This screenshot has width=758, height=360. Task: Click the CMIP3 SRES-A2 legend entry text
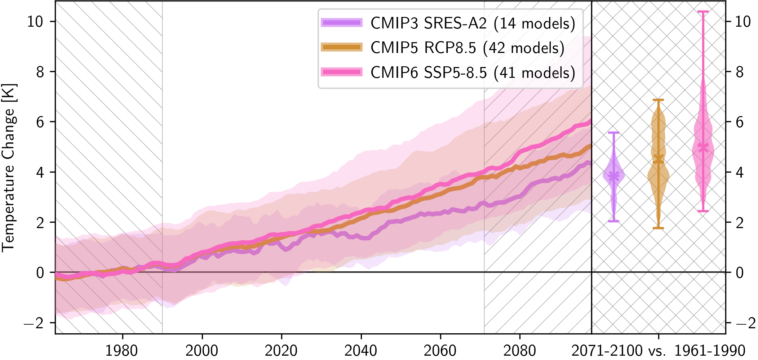pyautogui.click(x=473, y=23)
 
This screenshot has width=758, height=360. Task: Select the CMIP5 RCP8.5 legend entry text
pyautogui.click(x=467, y=48)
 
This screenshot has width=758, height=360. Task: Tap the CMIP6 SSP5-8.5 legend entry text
pyautogui.click(x=473, y=73)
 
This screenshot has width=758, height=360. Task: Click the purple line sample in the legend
pyautogui.click(x=342, y=23)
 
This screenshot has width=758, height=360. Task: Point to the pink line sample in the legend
pyautogui.click(x=342, y=72)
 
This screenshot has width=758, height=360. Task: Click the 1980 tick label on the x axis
pyautogui.click(x=121, y=350)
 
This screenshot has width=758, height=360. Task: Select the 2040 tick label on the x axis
pyautogui.click(x=361, y=350)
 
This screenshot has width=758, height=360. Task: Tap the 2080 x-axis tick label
pyautogui.click(x=519, y=350)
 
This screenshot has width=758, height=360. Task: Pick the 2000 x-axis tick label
pyautogui.click(x=202, y=350)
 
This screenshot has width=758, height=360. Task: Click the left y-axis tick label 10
pyautogui.click(x=35, y=22)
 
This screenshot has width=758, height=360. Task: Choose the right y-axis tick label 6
pyautogui.click(x=739, y=123)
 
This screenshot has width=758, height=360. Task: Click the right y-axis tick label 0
pyautogui.click(x=739, y=273)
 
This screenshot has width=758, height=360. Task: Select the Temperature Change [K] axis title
pyautogui.click(x=9, y=168)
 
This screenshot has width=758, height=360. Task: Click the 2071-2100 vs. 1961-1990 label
pyautogui.click(x=658, y=350)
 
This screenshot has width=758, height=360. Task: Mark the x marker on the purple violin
pyautogui.click(x=614, y=176)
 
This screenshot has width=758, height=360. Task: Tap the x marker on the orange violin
pyautogui.click(x=658, y=159)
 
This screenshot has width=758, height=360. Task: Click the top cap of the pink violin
pyautogui.click(x=702, y=12)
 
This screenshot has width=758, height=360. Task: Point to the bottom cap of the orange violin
pyautogui.click(x=658, y=228)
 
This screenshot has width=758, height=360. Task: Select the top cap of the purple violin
pyautogui.click(x=614, y=133)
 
